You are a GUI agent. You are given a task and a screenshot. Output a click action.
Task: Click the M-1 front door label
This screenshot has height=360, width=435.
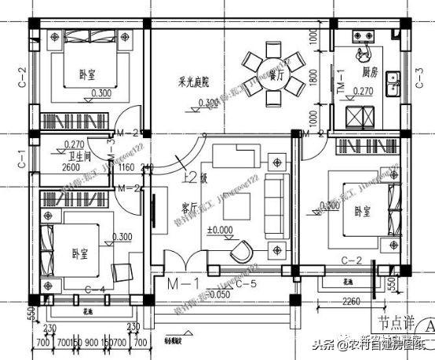click(x=175, y=280)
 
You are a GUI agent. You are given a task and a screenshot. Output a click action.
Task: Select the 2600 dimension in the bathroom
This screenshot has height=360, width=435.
click(x=70, y=167)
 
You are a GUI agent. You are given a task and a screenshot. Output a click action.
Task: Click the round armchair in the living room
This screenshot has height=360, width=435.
click(x=240, y=250)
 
